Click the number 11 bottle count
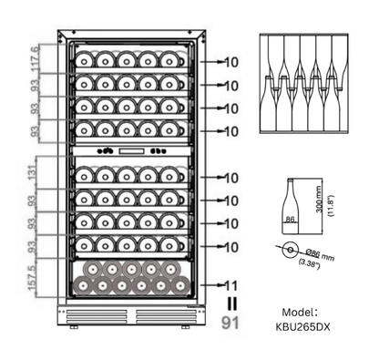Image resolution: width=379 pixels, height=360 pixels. (231, 284)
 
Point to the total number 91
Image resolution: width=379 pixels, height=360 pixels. (231, 321)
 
